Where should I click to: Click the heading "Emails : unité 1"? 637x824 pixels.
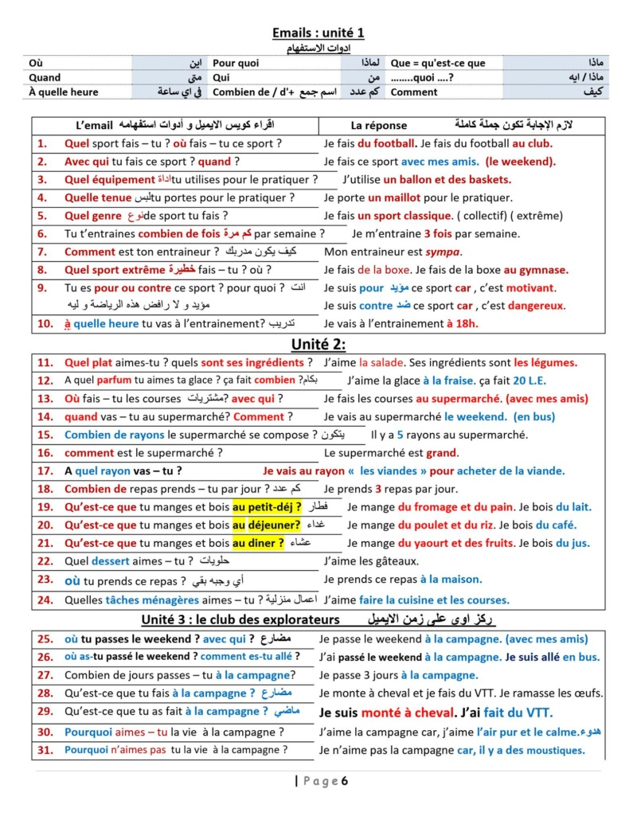point(318,33)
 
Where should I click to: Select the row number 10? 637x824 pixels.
point(45,323)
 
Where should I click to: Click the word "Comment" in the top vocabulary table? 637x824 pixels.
point(414,92)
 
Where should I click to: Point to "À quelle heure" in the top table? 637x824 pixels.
point(64,92)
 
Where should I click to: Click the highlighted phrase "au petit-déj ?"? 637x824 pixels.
point(267,506)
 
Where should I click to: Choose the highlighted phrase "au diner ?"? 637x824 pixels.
point(258,543)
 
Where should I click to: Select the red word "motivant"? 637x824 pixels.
point(531,288)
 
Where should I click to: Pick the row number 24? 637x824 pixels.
point(45,599)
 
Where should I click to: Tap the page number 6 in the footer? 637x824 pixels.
point(345,781)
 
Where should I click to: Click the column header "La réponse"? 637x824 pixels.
point(379,126)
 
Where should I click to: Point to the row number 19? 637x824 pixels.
point(45,506)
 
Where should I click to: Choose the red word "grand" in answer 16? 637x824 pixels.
point(442,453)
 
